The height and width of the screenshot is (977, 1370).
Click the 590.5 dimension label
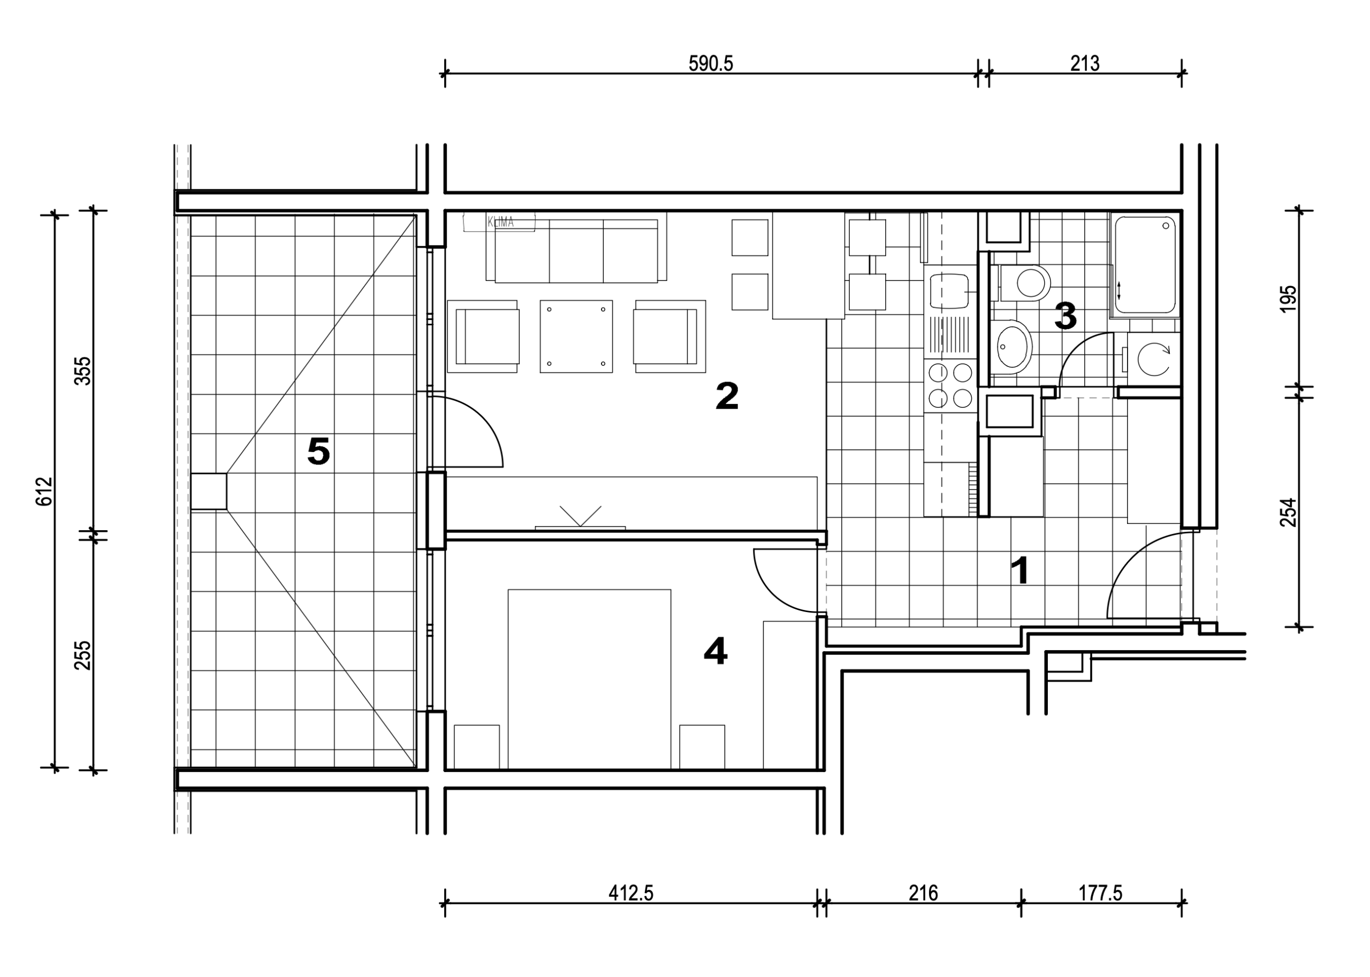tap(711, 63)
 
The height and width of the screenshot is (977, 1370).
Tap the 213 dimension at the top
tap(1084, 63)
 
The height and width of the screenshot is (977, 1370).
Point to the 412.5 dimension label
tap(630, 893)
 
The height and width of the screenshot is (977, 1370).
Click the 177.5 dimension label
tap(1100, 893)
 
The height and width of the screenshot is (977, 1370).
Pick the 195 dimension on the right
tap(1288, 299)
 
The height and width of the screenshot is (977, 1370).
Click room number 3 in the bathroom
tap(1065, 316)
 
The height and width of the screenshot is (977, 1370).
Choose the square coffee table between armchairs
tap(576, 337)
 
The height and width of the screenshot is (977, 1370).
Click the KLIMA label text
tap(500, 223)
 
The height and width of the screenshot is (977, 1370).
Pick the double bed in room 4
tap(589, 678)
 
